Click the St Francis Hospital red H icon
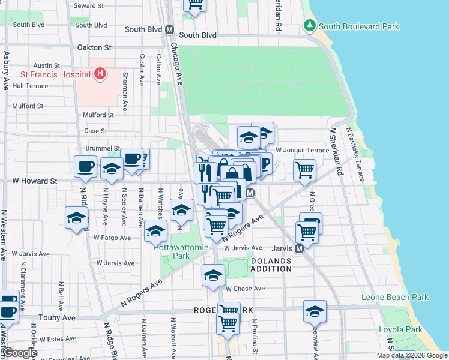(x=100, y=74)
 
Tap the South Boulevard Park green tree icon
(x=309, y=26)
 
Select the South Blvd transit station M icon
(x=170, y=29)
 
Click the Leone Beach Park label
(x=395, y=297)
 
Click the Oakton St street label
(x=95, y=47)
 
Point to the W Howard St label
(x=35, y=180)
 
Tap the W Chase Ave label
(x=246, y=289)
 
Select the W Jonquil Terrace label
(x=302, y=150)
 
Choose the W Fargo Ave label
(x=112, y=238)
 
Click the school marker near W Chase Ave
(x=213, y=275)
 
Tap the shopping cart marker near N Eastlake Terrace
(x=305, y=170)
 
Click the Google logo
(x=20, y=353)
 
